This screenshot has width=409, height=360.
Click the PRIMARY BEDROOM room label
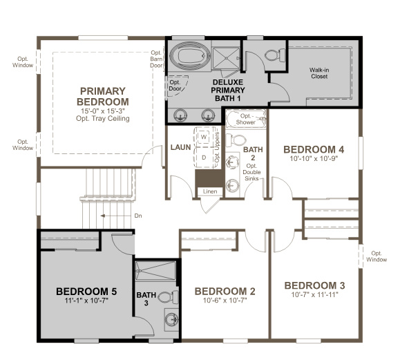(102, 97)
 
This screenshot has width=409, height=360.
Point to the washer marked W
(204, 137)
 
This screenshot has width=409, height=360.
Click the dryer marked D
(204, 157)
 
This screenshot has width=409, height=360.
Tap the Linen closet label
(210, 191)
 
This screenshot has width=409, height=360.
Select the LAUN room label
(180, 148)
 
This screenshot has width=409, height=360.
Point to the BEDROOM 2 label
(225, 291)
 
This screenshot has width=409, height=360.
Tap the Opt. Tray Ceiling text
(103, 118)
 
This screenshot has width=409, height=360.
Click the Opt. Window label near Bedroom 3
(377, 256)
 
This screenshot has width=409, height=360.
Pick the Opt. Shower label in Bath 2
(246, 119)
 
